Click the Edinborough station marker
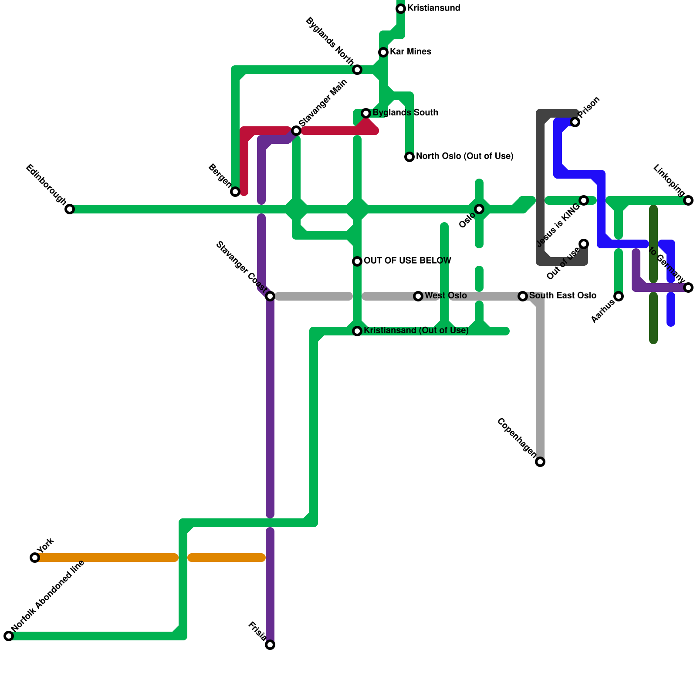[x=70, y=209]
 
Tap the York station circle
[x=35, y=558]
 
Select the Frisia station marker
[x=270, y=645]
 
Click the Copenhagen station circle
[x=540, y=462]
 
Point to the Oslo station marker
[x=479, y=209]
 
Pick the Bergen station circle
[x=235, y=192]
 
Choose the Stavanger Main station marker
[x=296, y=131]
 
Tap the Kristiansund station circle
[x=401, y=9]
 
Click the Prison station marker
[x=575, y=122]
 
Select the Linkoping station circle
[x=688, y=200]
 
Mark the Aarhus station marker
[x=619, y=296]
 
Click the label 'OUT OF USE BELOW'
[x=407, y=261]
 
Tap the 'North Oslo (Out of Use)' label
[x=464, y=156]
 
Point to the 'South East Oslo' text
[x=562, y=296]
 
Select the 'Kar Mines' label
[x=410, y=52]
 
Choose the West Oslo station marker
[x=418, y=296]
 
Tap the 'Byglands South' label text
[x=405, y=113]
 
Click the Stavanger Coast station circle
[x=270, y=296]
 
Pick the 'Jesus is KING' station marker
[x=584, y=200]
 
